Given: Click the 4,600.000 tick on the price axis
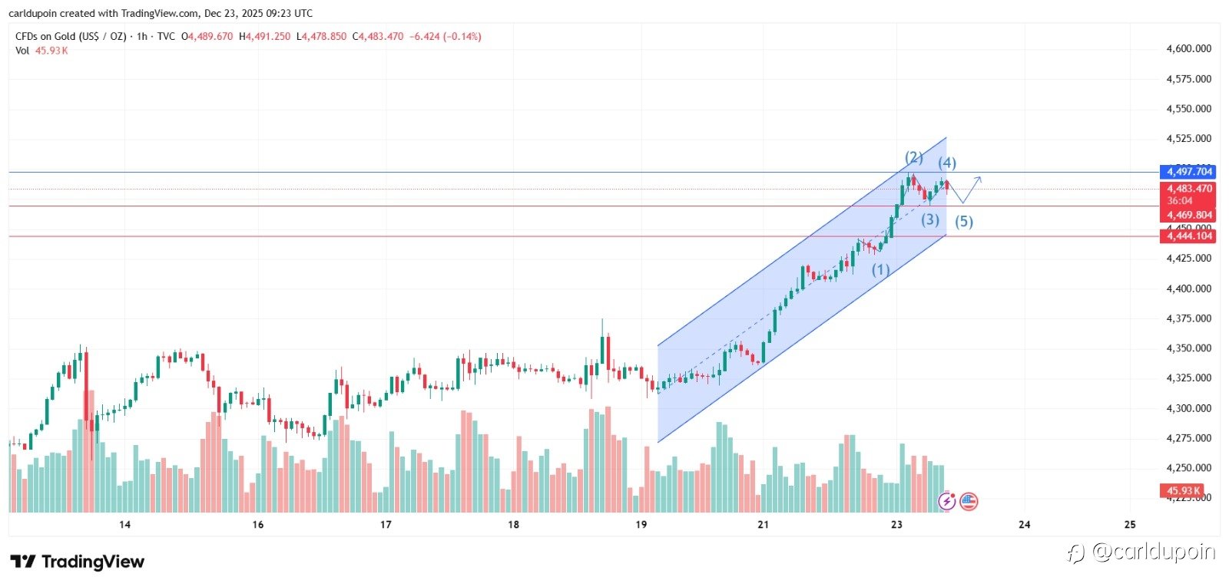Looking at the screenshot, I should (1188, 48).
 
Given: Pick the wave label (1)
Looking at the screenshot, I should (880, 270).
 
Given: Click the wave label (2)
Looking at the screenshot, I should (913, 157).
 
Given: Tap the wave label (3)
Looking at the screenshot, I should (930, 219).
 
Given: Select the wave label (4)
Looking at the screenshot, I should (946, 163).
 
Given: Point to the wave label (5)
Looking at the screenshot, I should (963, 222).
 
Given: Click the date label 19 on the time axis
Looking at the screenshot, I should (641, 525).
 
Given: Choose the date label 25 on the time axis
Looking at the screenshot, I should (1129, 525).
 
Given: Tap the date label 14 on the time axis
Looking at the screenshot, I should (124, 525).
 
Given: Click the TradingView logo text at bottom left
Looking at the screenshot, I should (78, 562).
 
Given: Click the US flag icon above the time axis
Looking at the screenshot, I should (969, 502).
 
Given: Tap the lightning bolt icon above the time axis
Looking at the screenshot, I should (947, 502).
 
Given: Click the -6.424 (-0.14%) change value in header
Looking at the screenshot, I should (445, 36).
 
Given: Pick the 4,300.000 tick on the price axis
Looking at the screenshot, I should (1188, 408).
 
